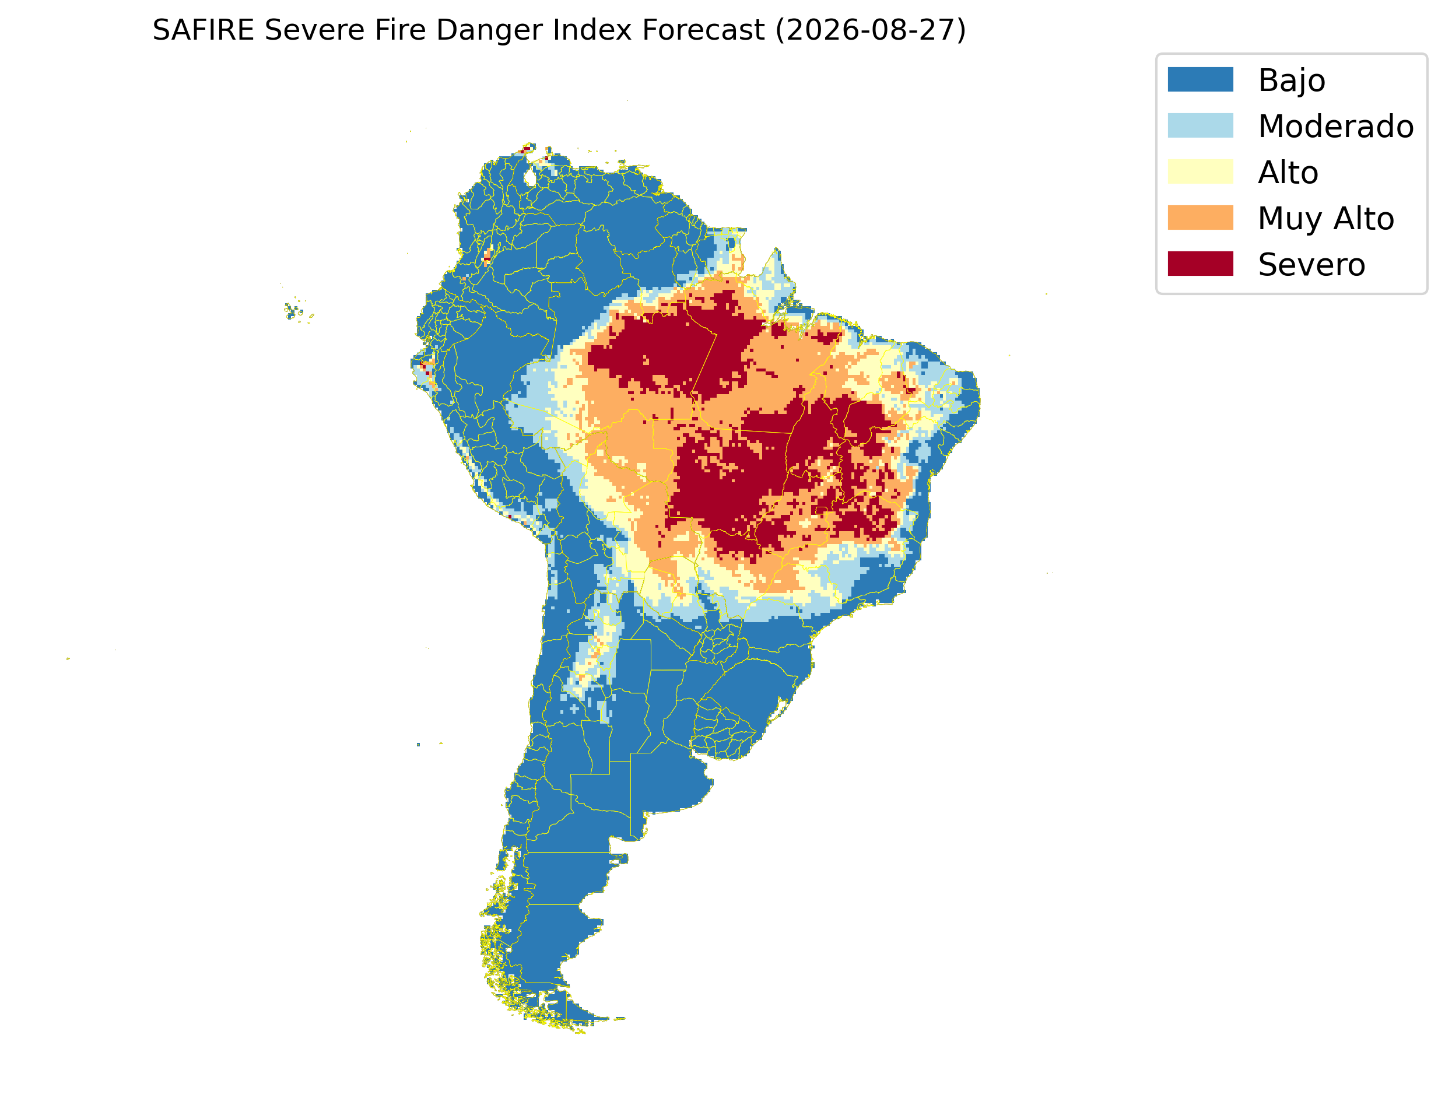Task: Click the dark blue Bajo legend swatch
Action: (x=1200, y=79)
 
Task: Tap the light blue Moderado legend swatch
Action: (x=1200, y=125)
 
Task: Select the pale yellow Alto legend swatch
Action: (x=1200, y=171)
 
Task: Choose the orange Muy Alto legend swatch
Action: (x=1200, y=218)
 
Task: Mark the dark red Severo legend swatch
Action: (x=1200, y=264)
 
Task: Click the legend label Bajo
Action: (x=1292, y=81)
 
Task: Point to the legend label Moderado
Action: (x=1336, y=126)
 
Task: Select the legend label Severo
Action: (x=1311, y=265)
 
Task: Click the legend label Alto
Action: (x=1288, y=173)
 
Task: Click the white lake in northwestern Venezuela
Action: (x=530, y=177)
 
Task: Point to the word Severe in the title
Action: (x=314, y=30)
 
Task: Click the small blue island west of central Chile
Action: (x=418, y=745)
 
